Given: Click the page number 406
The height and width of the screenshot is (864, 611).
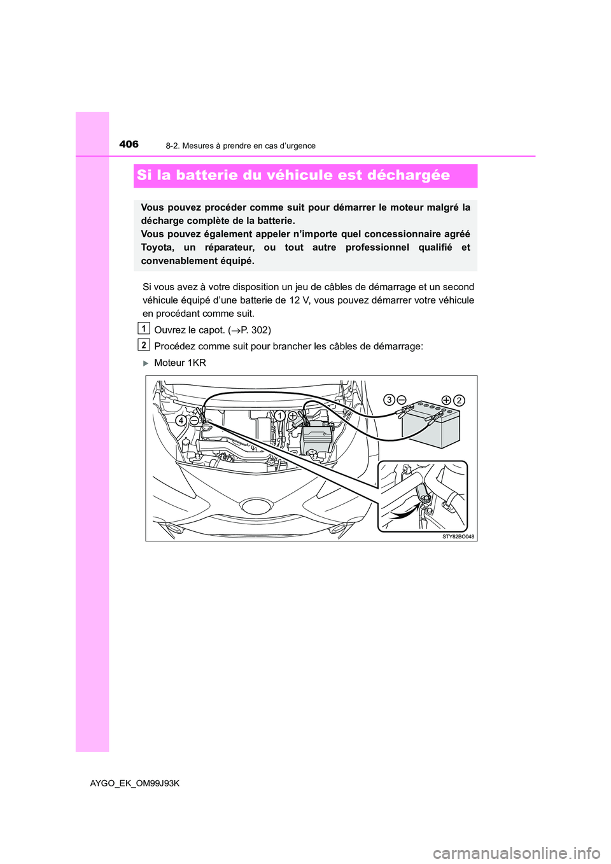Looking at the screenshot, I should coord(129,144).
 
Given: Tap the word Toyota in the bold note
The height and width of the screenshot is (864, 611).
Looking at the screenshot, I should coord(157,247).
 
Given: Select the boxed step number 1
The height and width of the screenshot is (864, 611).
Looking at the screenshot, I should coord(144,329).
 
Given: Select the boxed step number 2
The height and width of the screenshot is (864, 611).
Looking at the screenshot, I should coord(144,345).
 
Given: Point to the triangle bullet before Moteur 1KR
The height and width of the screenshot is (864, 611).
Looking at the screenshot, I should coord(145,363).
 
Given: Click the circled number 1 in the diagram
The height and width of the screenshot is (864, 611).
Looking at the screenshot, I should coord(279,415).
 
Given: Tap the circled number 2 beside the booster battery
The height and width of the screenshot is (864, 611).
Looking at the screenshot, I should coord(459,400).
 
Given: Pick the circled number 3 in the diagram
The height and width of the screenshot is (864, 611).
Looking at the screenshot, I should coord(388,400).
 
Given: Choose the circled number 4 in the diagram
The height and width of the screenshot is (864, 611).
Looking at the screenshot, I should coord(181,421).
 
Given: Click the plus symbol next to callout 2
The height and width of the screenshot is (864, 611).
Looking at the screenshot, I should coord(446,400).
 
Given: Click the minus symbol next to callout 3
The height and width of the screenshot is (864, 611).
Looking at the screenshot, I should coord(402,400).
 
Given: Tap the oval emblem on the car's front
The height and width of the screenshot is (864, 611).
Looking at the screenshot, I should coord(257,506).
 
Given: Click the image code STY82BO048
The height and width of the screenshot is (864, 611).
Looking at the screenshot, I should coord(458,536).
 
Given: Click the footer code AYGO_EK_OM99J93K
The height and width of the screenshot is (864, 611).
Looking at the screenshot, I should coord(135,783).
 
